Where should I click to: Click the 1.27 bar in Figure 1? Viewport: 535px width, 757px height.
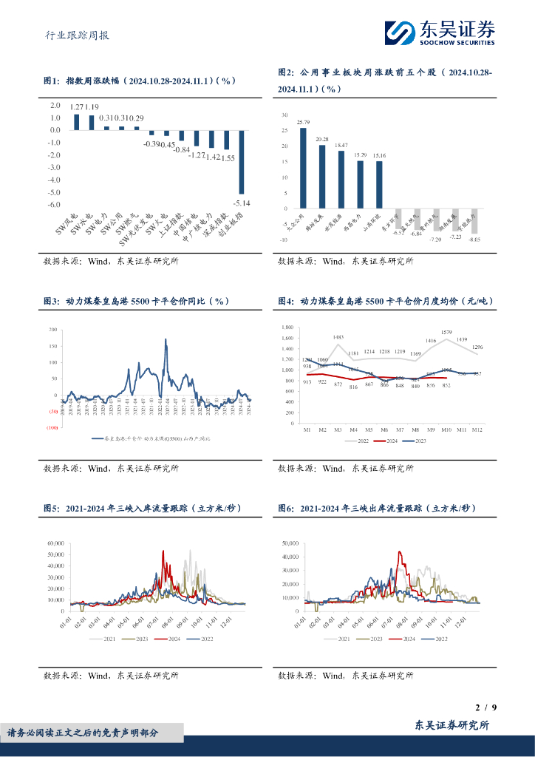click(x=77, y=122)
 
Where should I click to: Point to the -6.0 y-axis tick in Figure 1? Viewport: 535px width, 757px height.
click(x=54, y=206)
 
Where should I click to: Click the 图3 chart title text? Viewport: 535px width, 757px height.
click(x=137, y=302)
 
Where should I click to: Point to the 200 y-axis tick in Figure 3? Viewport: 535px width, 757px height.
click(x=53, y=330)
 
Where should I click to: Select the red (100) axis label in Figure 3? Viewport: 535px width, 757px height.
click(x=52, y=427)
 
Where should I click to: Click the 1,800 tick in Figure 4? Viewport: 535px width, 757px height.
click(x=287, y=327)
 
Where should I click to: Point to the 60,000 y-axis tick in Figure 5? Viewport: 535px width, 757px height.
click(x=56, y=543)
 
